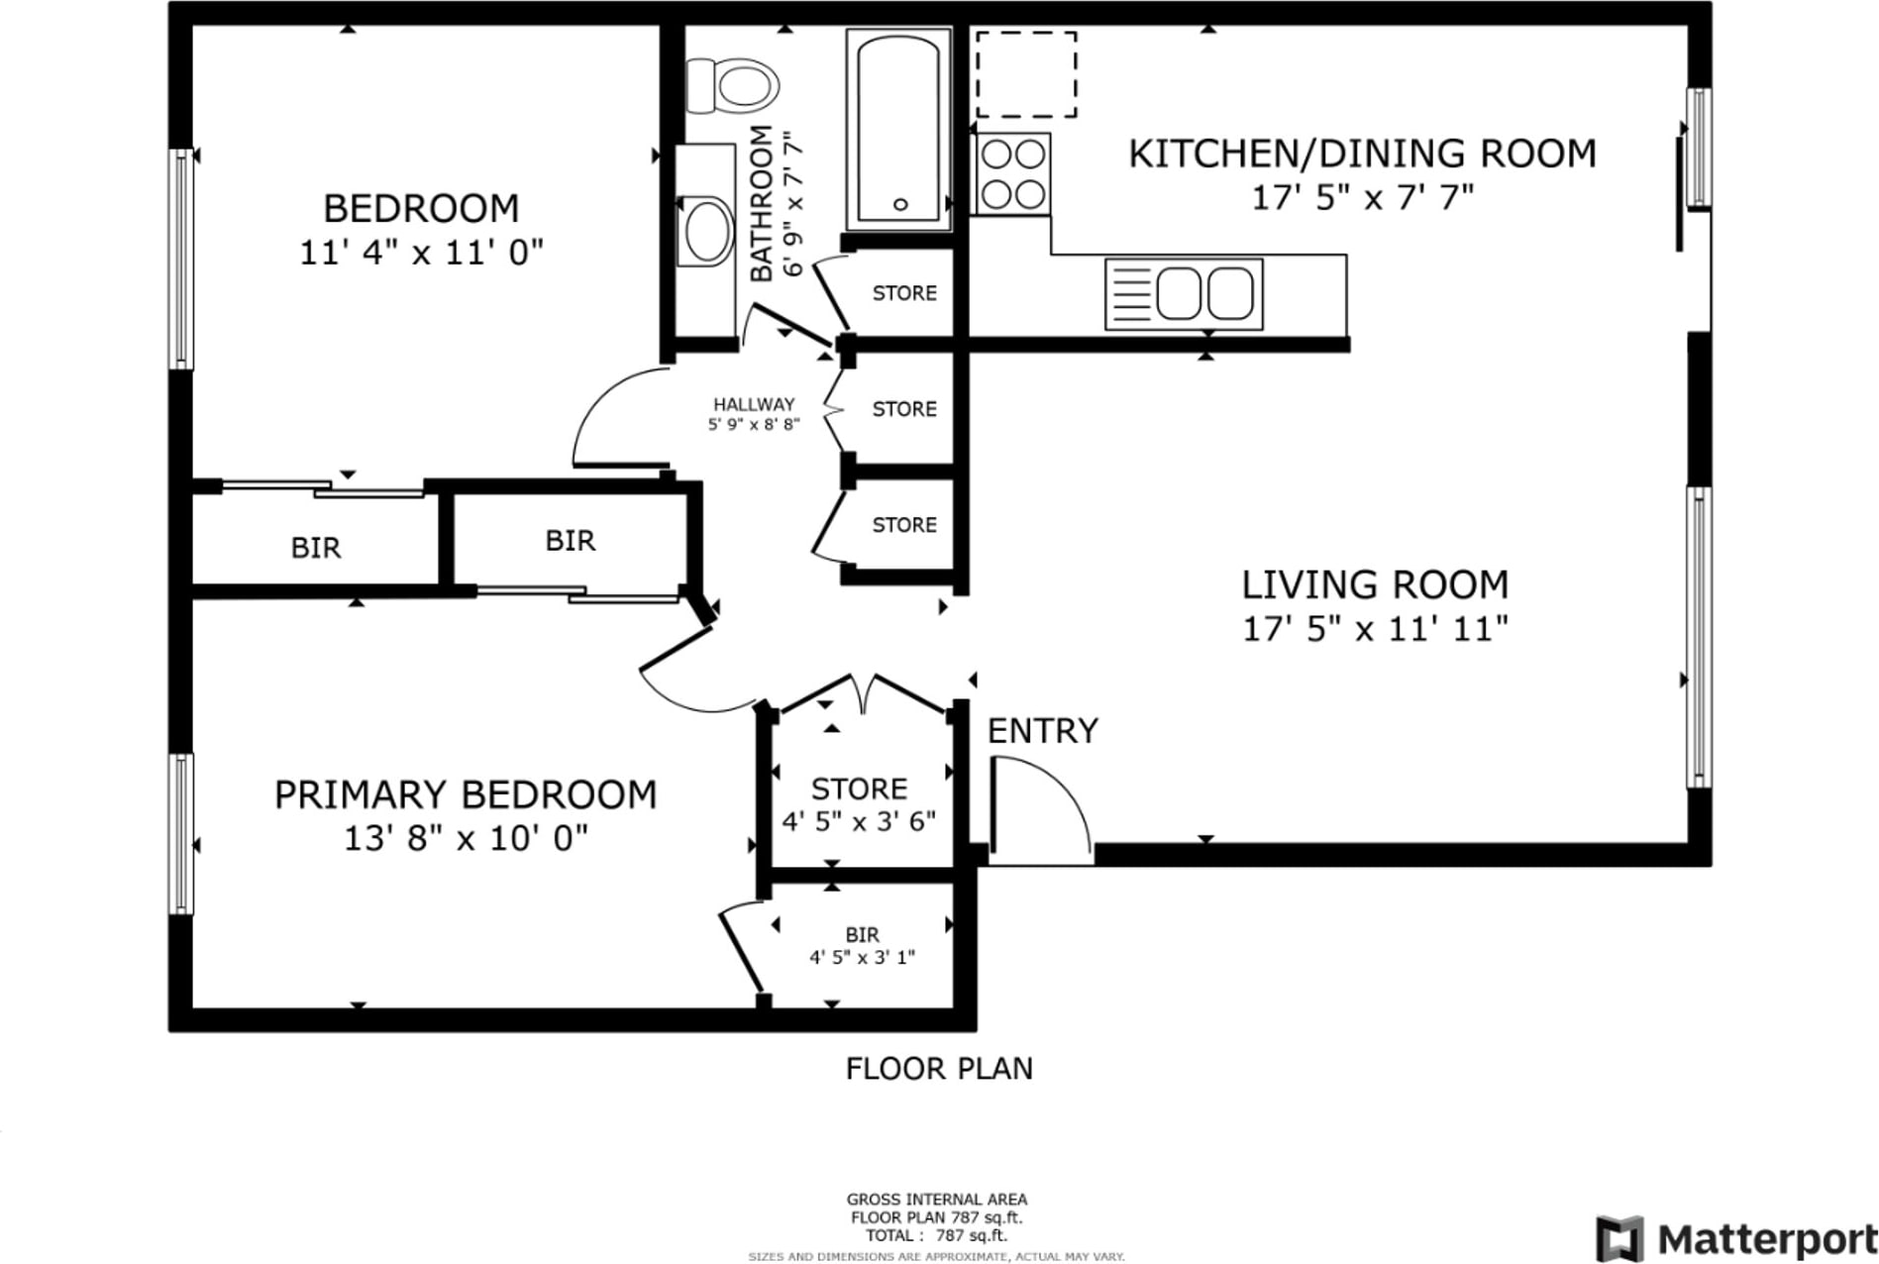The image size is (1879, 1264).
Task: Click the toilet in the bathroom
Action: (x=732, y=85)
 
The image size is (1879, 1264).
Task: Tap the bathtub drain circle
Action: (x=900, y=204)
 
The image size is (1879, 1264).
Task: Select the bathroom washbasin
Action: (x=707, y=231)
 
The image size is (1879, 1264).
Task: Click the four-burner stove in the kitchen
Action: (x=1012, y=174)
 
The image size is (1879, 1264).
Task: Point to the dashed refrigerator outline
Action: (x=1026, y=74)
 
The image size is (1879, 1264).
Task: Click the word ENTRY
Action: (x=1043, y=731)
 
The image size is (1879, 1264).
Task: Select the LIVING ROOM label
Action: (x=1375, y=584)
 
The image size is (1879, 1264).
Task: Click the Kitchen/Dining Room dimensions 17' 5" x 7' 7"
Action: (x=1363, y=198)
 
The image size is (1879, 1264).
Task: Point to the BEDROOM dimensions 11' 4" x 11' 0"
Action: (x=422, y=253)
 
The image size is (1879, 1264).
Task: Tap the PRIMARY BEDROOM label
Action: (x=466, y=794)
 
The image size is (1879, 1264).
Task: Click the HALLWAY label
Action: (x=754, y=404)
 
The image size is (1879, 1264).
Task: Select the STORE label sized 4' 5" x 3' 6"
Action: (x=859, y=789)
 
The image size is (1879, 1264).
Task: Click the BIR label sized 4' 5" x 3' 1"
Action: (x=862, y=934)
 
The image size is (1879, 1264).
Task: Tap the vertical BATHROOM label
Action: (x=761, y=203)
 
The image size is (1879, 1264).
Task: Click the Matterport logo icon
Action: (x=1619, y=1239)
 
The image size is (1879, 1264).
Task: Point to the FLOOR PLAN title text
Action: (x=939, y=1068)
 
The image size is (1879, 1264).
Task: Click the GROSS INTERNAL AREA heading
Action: (x=936, y=1200)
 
